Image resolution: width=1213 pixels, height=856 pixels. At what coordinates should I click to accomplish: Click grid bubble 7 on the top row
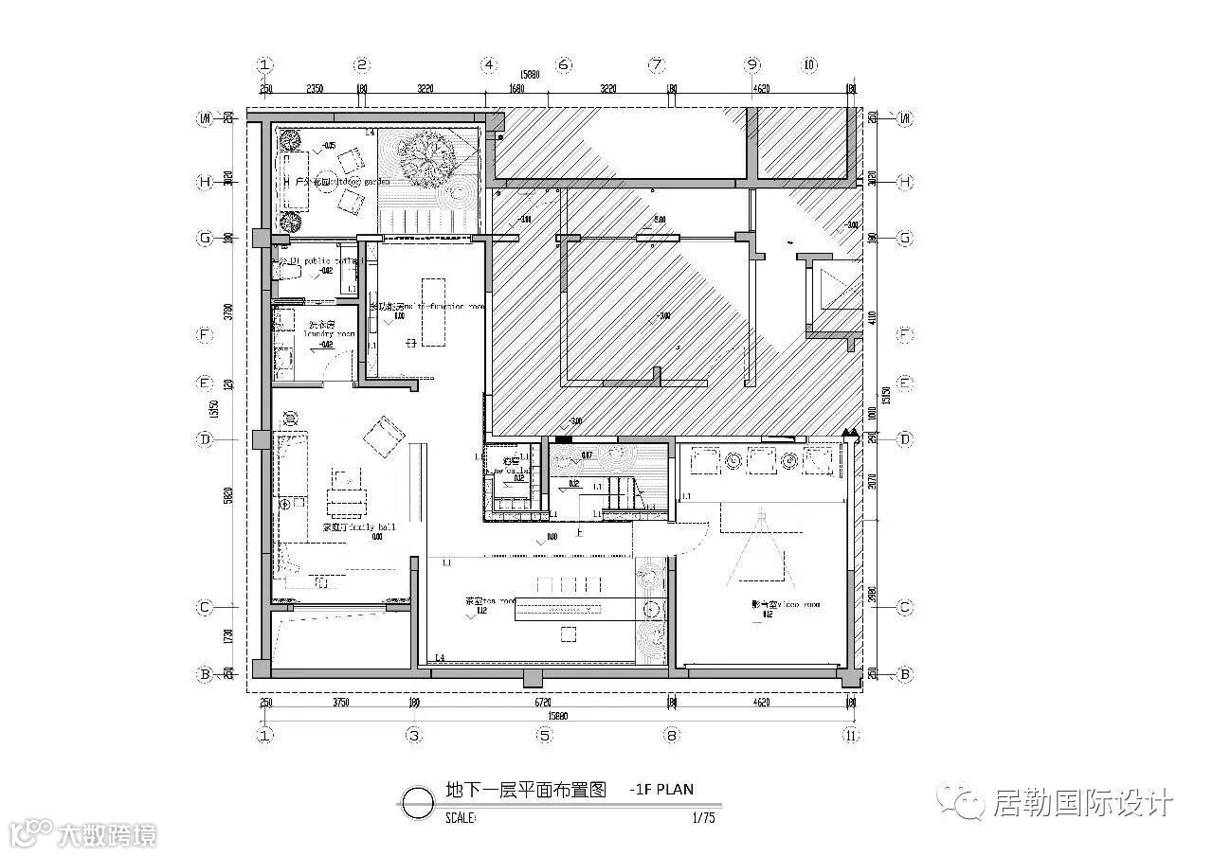point(657,65)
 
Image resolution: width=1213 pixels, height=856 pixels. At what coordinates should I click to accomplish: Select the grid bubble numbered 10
point(809,65)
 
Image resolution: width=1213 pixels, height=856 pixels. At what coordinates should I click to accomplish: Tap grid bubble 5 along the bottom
point(544,735)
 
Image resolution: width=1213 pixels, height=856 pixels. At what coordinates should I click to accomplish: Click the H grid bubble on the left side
point(205,182)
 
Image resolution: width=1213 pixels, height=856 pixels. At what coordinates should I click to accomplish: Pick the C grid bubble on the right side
point(904,607)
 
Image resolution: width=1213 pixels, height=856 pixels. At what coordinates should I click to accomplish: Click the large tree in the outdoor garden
point(426,159)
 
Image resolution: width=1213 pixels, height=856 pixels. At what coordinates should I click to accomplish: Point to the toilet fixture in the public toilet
point(286,272)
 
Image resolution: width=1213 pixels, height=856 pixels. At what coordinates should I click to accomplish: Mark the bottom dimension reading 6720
point(542,703)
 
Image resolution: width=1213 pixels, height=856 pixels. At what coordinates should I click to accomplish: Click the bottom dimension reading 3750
point(341,703)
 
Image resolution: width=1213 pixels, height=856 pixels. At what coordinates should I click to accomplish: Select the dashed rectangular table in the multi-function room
point(432,312)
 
